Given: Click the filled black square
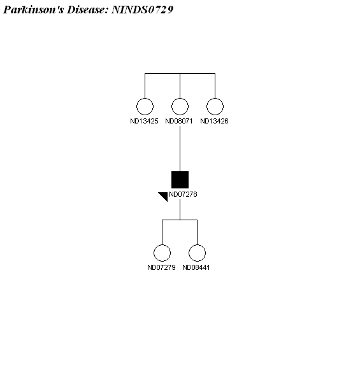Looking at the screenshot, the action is pyautogui.click(x=180, y=179).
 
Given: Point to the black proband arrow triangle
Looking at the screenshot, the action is pyautogui.click(x=164, y=195).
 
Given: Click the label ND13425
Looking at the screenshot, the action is pyautogui.click(x=144, y=121).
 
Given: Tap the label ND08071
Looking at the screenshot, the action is pyautogui.click(x=179, y=121).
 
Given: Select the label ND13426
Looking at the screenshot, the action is pyautogui.click(x=214, y=121).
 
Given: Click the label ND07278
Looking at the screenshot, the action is pyautogui.click(x=183, y=194).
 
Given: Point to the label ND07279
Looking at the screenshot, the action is pyautogui.click(x=161, y=267).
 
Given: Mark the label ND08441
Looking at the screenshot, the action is pyautogui.click(x=196, y=267).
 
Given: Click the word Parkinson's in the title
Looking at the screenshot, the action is pyautogui.click(x=33, y=10).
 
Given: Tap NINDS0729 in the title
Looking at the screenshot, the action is pyautogui.click(x=142, y=10).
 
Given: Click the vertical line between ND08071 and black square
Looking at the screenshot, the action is pyautogui.click(x=180, y=149).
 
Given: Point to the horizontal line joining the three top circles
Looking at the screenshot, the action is pyautogui.click(x=180, y=74).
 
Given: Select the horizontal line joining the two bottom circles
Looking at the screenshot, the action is pyautogui.click(x=180, y=220).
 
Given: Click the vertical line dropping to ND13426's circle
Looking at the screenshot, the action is pyautogui.click(x=215, y=86).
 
